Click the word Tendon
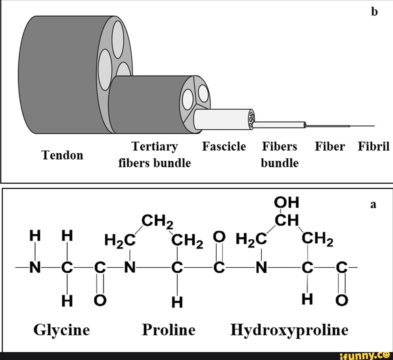tap(63, 155)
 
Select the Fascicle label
tap(224, 147)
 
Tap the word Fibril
tap(374, 147)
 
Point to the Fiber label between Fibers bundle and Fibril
tap(330, 147)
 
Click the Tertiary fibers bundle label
tap(154, 155)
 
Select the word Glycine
tap(62, 330)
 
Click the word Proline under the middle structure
tap(169, 330)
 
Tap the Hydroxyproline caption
tap(289, 330)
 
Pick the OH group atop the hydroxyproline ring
tap(287, 203)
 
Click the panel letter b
tap(374, 12)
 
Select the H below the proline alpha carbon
tap(177, 304)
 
